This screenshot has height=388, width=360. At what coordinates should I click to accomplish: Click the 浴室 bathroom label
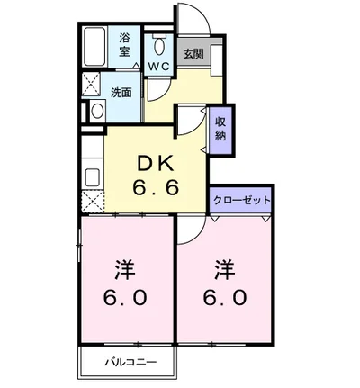click(x=124, y=45)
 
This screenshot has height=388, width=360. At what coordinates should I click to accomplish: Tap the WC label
click(x=159, y=67)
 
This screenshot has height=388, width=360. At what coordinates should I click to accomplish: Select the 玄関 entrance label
click(x=193, y=54)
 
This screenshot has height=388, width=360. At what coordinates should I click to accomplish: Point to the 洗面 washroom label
click(x=121, y=93)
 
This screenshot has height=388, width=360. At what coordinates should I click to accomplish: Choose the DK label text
click(x=156, y=165)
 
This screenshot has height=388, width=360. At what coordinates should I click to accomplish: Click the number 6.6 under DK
click(x=156, y=188)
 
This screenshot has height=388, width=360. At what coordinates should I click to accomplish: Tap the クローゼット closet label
click(x=242, y=200)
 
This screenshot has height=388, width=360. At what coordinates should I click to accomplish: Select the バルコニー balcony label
click(x=130, y=362)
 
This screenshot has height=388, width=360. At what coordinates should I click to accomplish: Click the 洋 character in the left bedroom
click(x=125, y=270)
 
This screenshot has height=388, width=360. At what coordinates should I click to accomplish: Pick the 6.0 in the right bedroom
click(x=225, y=298)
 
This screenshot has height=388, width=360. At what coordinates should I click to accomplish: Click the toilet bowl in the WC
click(x=158, y=46)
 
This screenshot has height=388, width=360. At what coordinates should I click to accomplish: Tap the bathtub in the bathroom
click(x=94, y=47)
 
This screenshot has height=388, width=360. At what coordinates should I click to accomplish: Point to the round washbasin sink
click(x=97, y=112)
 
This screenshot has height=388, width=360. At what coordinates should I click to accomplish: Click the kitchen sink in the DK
click(x=93, y=177)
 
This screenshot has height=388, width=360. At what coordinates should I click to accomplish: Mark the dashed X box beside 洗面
click(x=91, y=85)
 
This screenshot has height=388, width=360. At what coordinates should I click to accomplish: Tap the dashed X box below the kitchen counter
click(x=93, y=202)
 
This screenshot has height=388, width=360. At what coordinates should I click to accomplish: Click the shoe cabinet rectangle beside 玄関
click(x=217, y=59)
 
